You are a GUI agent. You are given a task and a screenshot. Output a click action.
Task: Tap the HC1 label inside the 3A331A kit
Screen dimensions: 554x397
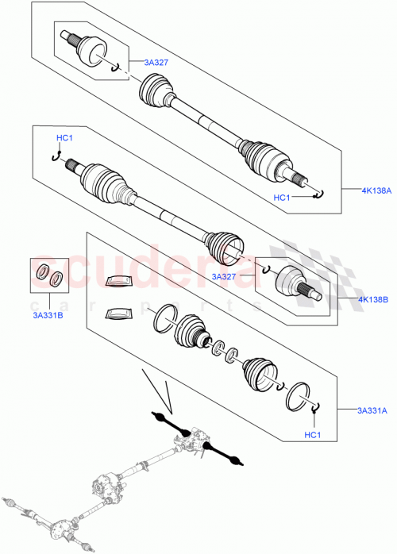coord(312,434)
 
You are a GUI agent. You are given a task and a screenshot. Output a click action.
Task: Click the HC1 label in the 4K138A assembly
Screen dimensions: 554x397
coord(283,197)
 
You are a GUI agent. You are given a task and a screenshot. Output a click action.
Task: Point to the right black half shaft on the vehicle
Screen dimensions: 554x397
coord(224,454)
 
